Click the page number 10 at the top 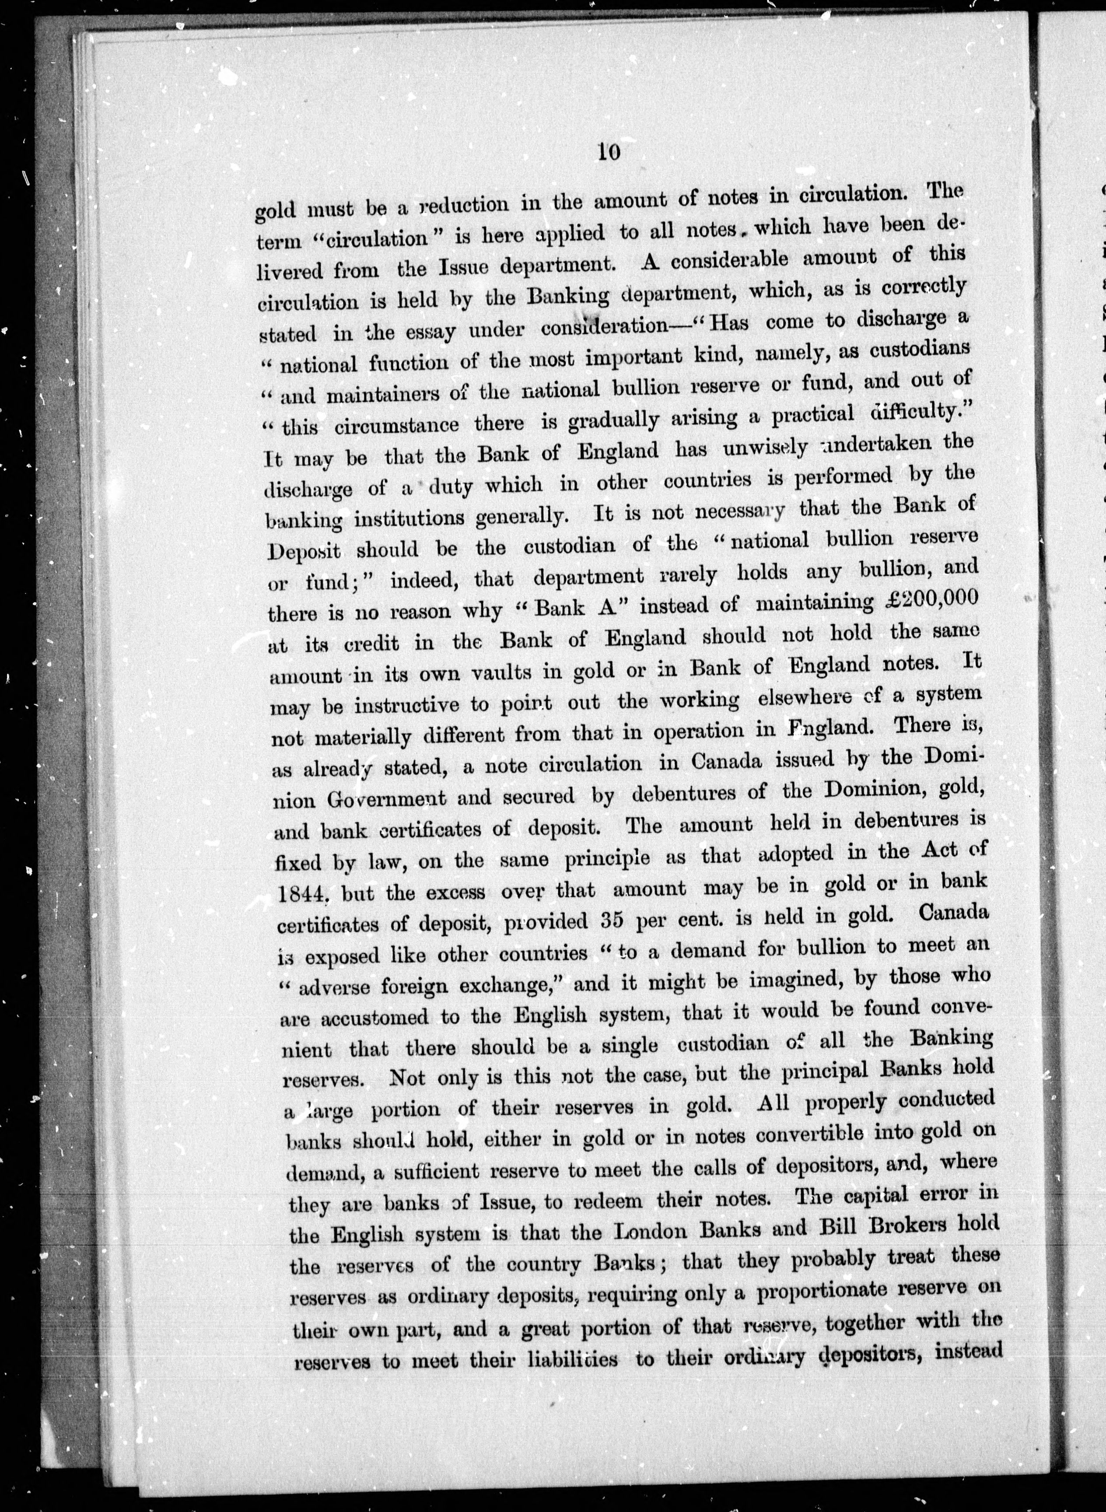(609, 151)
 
